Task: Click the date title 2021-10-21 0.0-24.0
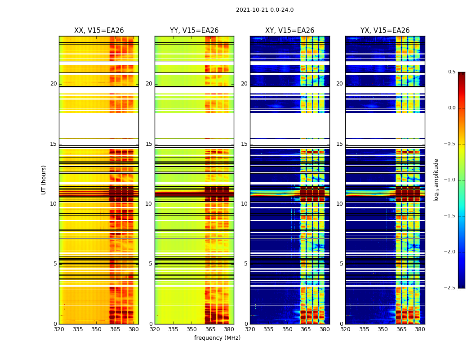tap(264, 10)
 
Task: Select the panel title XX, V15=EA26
tap(99, 31)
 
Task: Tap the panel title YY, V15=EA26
tap(194, 31)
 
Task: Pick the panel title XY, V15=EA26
tap(289, 31)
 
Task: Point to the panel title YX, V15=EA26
tap(385, 31)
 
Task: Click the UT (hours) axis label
tap(44, 180)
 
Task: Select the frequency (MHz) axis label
tap(217, 338)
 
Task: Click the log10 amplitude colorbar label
tap(436, 180)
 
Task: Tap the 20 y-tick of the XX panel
tap(53, 84)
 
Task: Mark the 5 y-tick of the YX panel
tap(341, 264)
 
